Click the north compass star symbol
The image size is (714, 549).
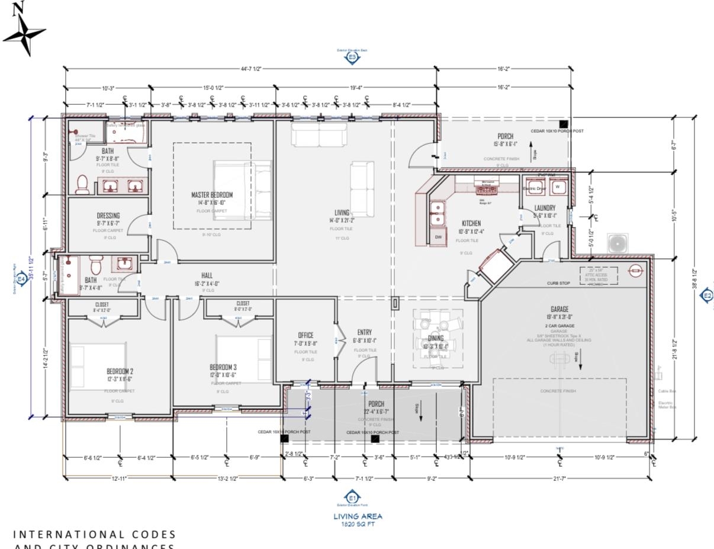[x=24, y=34]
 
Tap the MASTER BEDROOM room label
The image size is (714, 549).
[x=212, y=195]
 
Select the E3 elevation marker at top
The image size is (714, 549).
[x=352, y=57]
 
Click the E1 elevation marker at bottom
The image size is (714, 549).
[x=353, y=497]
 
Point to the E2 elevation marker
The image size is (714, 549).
[x=707, y=296]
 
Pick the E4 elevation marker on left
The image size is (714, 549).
[x=21, y=278]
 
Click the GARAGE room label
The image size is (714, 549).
[x=559, y=309]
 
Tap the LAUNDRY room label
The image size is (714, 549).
[x=545, y=208]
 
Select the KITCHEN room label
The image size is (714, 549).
[x=471, y=223]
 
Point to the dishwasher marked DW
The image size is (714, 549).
[x=438, y=237]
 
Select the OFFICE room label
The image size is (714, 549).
[x=305, y=335]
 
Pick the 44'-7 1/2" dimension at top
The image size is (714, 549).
[x=251, y=69]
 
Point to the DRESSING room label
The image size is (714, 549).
[x=108, y=216]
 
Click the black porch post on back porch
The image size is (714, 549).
[x=564, y=124]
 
